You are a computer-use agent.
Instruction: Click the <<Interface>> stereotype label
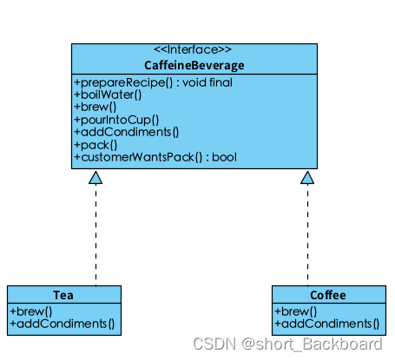pos(193,50)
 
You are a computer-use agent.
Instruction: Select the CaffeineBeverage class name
pos(193,65)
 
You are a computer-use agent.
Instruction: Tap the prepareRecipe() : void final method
pos(153,82)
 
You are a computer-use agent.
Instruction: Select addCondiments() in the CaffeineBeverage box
pos(127,133)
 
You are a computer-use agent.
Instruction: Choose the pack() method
pos(95,145)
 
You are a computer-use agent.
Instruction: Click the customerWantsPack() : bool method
pos(155,158)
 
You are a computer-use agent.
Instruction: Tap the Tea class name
pos(63,295)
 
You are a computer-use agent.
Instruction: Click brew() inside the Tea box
pos(31,311)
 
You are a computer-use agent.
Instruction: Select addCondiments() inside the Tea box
pos(62,324)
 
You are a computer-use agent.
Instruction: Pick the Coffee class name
pos(327,295)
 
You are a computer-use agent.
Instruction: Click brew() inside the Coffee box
pos(296,311)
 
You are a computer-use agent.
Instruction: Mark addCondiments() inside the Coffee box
pos(327,324)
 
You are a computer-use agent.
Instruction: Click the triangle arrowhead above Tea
pos(95,177)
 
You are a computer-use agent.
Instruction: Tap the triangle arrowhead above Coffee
pos(307,177)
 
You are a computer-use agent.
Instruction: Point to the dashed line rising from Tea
pos(95,234)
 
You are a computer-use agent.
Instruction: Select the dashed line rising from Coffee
pos(307,234)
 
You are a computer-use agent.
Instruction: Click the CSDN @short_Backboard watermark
pos(286,345)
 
